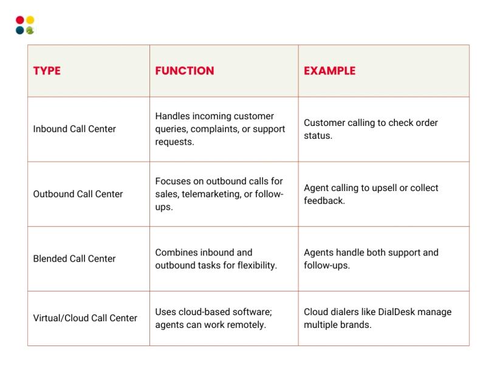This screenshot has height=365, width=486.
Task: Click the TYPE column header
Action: pyautogui.click(x=47, y=71)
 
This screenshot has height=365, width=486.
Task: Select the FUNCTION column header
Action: pyautogui.click(x=185, y=71)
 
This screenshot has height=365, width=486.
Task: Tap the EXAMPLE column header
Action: pyautogui.click(x=329, y=71)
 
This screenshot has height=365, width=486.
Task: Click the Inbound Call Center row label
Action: pyautogui.click(x=74, y=129)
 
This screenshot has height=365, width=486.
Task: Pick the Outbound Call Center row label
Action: pyautogui.click(x=78, y=194)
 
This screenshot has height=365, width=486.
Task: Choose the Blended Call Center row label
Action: pyautogui.click(x=74, y=259)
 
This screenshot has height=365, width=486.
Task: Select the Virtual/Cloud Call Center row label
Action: pyautogui.click(x=85, y=318)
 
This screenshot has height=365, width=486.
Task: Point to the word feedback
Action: pyautogui.click(x=324, y=201)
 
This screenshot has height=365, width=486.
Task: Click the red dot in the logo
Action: pyautogui.click(x=20, y=20)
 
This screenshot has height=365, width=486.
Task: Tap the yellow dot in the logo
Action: pyautogui.click(x=30, y=20)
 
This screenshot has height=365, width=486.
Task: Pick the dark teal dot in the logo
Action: pyautogui.click(x=20, y=30)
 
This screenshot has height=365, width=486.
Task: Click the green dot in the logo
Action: pyautogui.click(x=30, y=30)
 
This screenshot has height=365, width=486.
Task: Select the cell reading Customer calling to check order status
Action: pyautogui.click(x=371, y=129)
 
